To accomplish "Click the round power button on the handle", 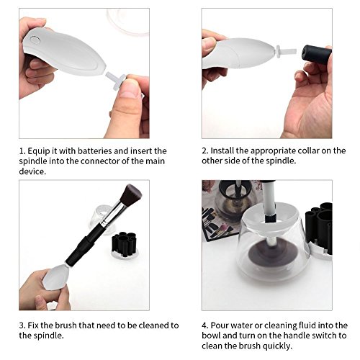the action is coord(35,40).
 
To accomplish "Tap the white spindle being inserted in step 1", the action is coord(116,80).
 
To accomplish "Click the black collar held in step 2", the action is coord(317,54).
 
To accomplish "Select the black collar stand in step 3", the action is coord(124,243).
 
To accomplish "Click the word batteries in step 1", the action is coord(95,151).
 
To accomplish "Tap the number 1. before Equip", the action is coord(22,151).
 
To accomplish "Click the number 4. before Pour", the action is coord(205,325).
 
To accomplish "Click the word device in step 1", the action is coord(32,171).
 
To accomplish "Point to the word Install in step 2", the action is coord(222,150).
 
